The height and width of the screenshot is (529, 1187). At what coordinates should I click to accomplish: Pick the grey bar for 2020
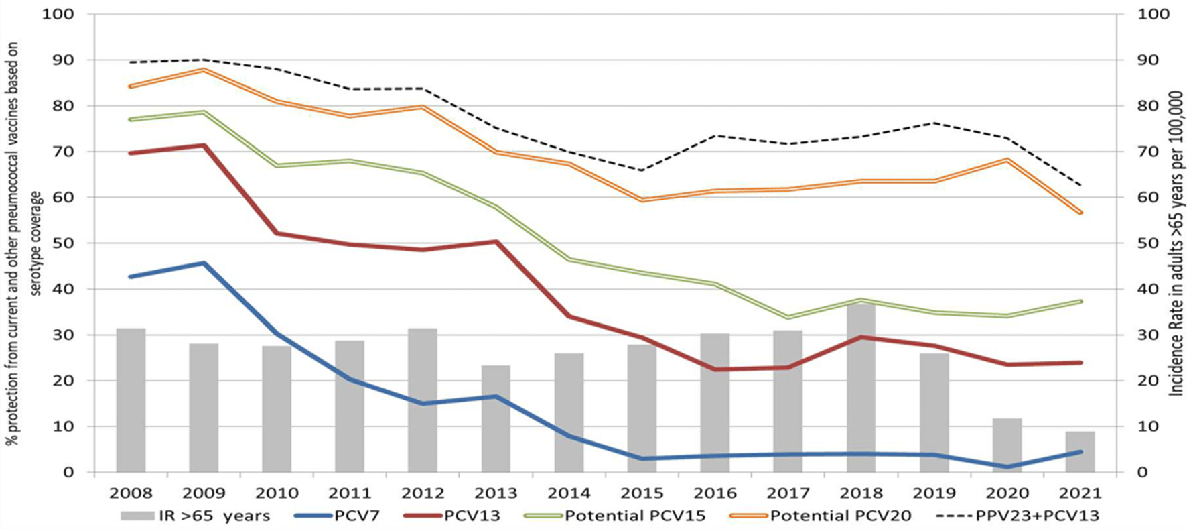(1007, 445)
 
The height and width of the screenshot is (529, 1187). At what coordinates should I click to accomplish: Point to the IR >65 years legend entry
(195, 516)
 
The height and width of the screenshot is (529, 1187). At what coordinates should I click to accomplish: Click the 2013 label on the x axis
(496, 493)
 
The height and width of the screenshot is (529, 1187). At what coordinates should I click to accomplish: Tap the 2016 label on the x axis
(715, 493)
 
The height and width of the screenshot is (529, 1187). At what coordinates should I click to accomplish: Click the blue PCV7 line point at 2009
(204, 263)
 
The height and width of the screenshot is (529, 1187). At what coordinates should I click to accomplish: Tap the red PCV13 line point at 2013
(496, 241)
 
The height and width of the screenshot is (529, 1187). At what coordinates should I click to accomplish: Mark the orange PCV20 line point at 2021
(1080, 213)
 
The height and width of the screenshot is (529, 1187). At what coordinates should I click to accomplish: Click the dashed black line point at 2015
(642, 170)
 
